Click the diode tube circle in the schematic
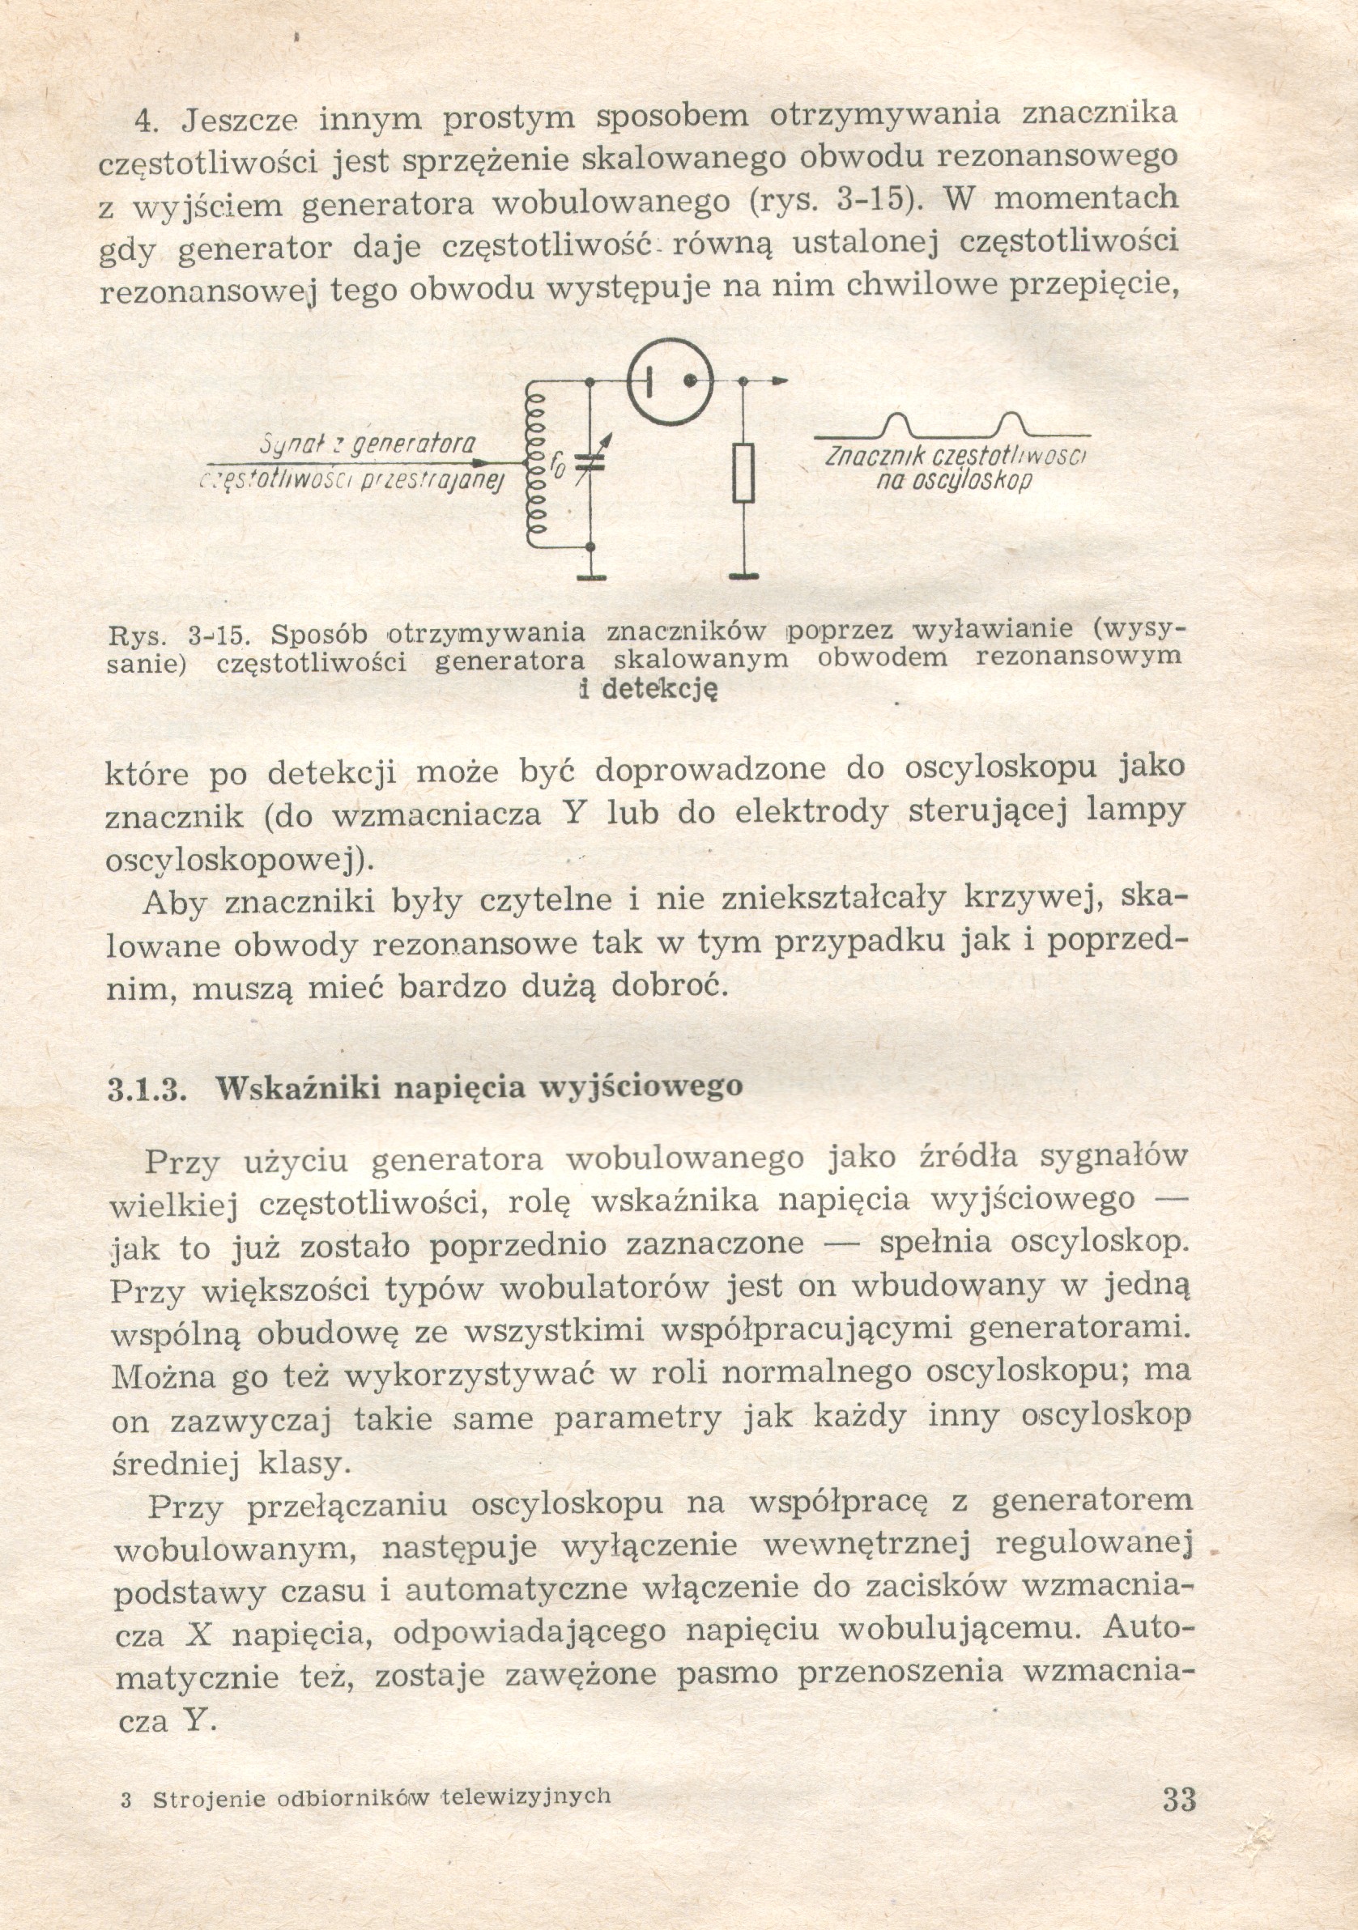[x=671, y=381]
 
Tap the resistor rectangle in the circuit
[x=743, y=474]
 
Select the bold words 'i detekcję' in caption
[x=649, y=689]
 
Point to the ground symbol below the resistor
[x=743, y=575]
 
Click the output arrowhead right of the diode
[x=780, y=381]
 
